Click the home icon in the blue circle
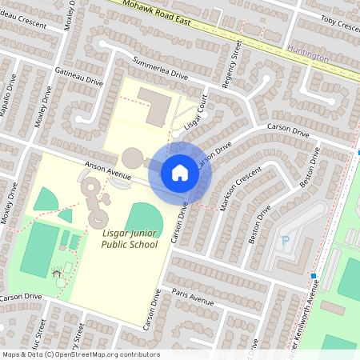click(x=180, y=172)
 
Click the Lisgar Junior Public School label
click(x=130, y=238)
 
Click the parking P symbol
click(x=285, y=239)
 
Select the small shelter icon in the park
click(x=57, y=274)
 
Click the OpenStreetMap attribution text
click(x=81, y=354)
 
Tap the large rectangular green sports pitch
click(x=39, y=250)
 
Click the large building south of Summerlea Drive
click(x=154, y=104)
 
